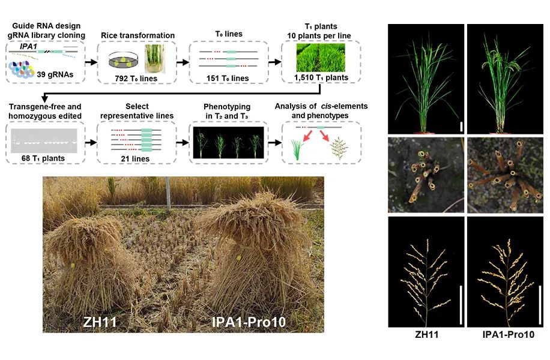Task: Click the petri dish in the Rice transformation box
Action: (122, 60)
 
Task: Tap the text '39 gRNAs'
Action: (55, 74)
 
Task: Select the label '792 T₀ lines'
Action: (136, 79)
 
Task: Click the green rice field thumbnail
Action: (321, 58)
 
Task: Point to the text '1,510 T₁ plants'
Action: (321, 77)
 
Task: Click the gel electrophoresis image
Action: (44, 140)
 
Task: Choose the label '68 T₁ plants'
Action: (43, 158)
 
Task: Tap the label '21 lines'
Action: (135, 159)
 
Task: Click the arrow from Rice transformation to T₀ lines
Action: (183, 62)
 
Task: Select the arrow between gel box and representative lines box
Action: (91, 142)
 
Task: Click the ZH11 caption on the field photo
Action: (100, 322)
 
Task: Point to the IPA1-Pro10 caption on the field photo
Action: (249, 322)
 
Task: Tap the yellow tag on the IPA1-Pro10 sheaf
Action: (238, 259)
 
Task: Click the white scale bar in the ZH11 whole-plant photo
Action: (461, 127)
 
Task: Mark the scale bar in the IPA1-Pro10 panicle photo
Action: (540, 305)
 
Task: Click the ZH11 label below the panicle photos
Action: (426, 334)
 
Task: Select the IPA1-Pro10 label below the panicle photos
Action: (508, 334)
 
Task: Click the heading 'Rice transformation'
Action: (137, 35)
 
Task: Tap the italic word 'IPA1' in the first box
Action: (28, 46)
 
